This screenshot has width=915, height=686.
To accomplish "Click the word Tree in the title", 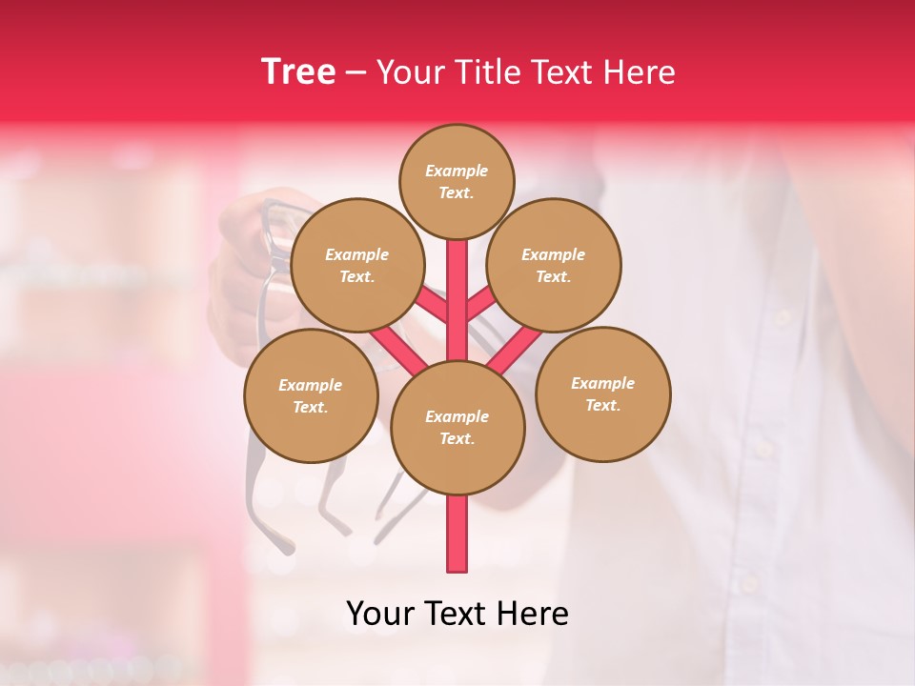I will [x=297, y=71].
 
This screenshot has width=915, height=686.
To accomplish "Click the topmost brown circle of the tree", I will [x=457, y=181].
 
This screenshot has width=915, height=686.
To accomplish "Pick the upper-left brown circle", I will [x=357, y=266].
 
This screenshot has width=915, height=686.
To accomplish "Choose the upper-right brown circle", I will [x=553, y=266].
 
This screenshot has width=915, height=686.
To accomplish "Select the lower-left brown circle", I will [x=311, y=395].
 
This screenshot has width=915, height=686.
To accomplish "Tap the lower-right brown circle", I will [x=602, y=393].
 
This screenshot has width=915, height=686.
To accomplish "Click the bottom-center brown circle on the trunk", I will [x=457, y=427].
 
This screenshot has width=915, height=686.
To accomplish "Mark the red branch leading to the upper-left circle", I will [x=431, y=304].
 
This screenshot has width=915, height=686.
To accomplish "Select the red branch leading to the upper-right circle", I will [x=482, y=304].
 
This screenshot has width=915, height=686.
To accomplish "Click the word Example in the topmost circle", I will [x=457, y=171].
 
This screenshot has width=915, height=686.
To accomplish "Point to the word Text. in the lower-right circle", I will [x=602, y=405].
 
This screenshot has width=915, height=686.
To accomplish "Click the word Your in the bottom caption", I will [x=382, y=614].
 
